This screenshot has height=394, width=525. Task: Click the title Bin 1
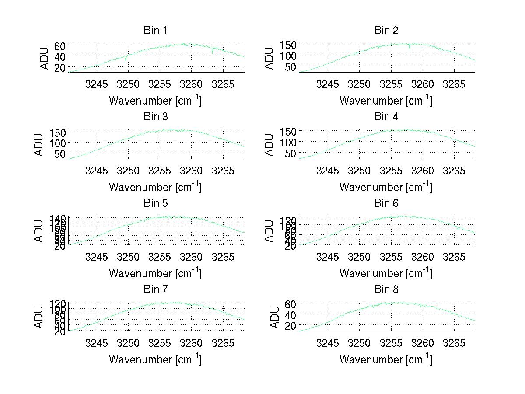click(x=155, y=31)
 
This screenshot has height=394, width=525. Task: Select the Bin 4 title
click(x=386, y=117)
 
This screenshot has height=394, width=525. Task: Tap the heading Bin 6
click(x=386, y=203)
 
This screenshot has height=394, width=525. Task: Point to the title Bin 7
click(x=155, y=289)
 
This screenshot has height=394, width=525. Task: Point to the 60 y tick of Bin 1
click(x=60, y=45)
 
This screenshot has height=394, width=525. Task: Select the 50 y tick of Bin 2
click(x=291, y=66)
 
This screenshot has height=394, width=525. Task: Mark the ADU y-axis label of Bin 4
click(x=269, y=145)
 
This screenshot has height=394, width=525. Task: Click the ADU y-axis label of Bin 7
click(x=39, y=317)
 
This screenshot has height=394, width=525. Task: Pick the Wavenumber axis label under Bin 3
click(x=155, y=187)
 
